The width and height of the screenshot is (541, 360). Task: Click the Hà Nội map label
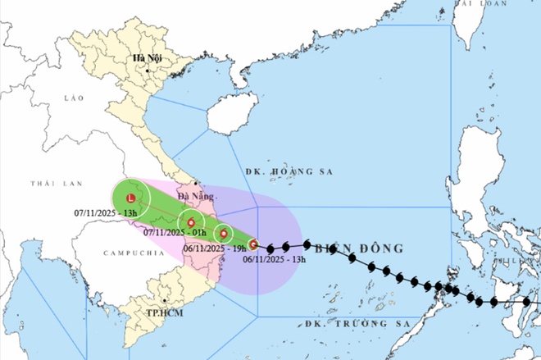[x=148, y=57]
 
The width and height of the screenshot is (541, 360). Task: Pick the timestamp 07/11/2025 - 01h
[x=172, y=233]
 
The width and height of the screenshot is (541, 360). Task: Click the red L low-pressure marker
[x=130, y=197]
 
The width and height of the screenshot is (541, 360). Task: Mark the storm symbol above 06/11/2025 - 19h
[x=224, y=235]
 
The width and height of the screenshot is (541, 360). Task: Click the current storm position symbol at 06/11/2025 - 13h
[x=253, y=244]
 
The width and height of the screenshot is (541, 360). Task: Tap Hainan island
[x=227, y=116]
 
